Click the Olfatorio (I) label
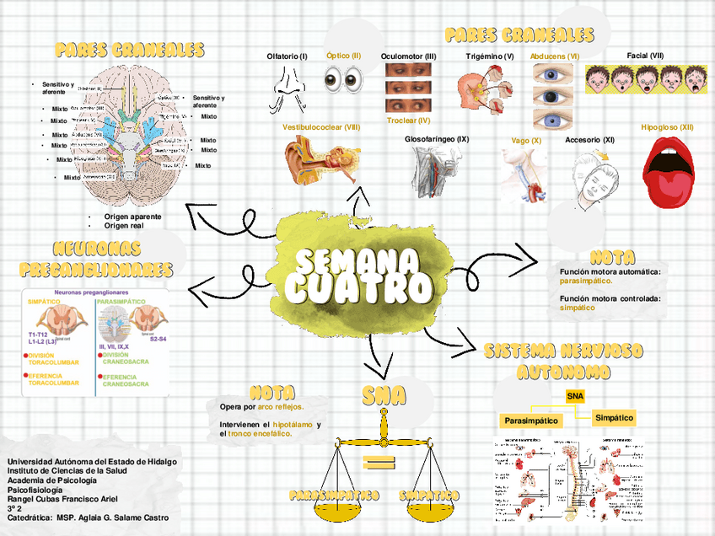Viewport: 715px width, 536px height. tap(287, 56)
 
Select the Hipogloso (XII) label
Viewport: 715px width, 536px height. tap(667, 127)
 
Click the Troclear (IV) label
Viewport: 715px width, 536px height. tap(409, 121)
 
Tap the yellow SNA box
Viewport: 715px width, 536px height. tap(575, 395)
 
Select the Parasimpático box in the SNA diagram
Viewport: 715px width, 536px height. tap(531, 420)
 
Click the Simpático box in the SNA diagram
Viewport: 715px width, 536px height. tap(615, 417)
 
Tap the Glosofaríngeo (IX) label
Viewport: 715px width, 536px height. tap(437, 138)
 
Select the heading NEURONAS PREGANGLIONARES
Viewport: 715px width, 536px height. tap(95, 259)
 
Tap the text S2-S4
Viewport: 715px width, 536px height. tap(158, 339)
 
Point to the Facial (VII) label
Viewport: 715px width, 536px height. tap(645, 56)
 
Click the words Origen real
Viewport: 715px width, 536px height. tap(124, 226)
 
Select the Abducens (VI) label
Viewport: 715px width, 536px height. tap(555, 56)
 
